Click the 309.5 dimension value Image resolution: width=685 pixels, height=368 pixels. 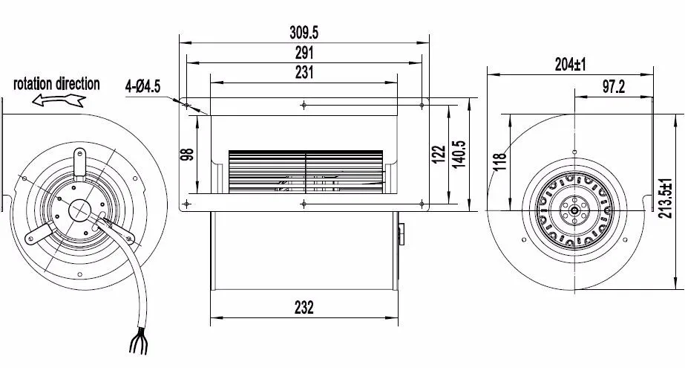304,33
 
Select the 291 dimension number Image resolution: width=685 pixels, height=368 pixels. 304,53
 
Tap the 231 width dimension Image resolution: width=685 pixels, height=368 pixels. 304,72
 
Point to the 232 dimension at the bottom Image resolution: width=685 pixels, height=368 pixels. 304,308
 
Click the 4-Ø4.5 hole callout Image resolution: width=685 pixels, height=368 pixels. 142,86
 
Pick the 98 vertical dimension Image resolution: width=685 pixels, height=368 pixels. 188,154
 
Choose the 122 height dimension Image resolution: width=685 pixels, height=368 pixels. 439,155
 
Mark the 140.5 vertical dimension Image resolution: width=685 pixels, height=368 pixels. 459,154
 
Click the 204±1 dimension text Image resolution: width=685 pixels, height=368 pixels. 570,65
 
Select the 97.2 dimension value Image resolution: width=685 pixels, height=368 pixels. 613,87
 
